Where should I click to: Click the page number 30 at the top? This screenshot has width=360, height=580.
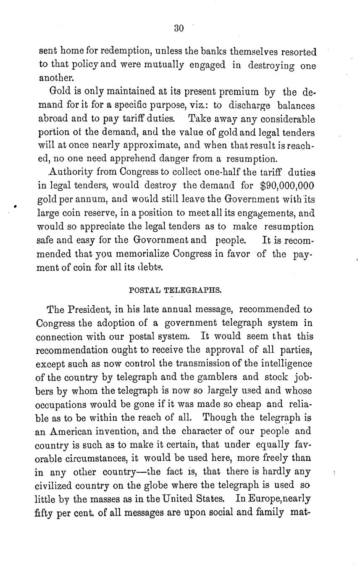click(x=179, y=29)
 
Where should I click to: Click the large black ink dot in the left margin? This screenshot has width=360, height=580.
click(x=15, y=207)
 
